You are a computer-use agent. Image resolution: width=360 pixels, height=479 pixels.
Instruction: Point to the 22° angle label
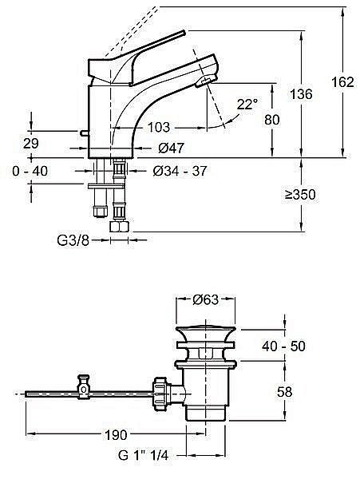point(247,104)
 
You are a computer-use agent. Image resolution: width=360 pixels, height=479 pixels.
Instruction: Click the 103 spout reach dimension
point(158,128)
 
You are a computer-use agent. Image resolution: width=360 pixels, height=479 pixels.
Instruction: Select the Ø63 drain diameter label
point(206,300)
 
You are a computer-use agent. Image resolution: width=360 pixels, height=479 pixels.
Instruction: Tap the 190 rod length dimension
point(115,435)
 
